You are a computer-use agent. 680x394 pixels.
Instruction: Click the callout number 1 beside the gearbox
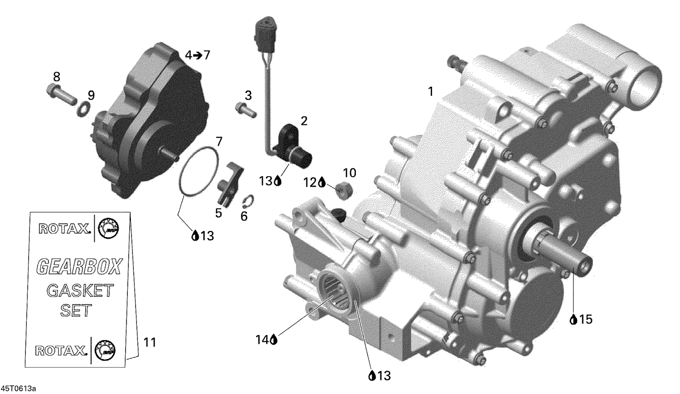[430, 92]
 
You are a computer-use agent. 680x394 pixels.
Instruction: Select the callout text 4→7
[198, 55]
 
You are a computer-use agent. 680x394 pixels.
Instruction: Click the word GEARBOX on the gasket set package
[79, 266]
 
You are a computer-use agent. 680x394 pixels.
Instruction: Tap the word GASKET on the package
[80, 290]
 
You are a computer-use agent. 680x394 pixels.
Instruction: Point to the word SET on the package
[76, 311]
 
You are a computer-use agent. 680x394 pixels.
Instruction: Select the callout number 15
[586, 320]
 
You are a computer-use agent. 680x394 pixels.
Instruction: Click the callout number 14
[262, 339]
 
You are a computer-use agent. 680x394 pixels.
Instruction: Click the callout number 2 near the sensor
[304, 121]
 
